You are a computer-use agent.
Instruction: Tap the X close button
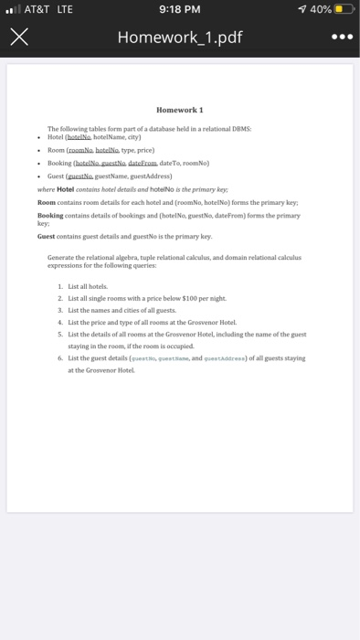coord(19,39)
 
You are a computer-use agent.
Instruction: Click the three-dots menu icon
coord(338,39)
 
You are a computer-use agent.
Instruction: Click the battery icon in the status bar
coord(344,11)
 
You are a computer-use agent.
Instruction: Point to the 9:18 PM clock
coord(179,11)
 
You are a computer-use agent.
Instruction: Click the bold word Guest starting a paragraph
coord(48,236)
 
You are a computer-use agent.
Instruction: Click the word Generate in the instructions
coord(62,259)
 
